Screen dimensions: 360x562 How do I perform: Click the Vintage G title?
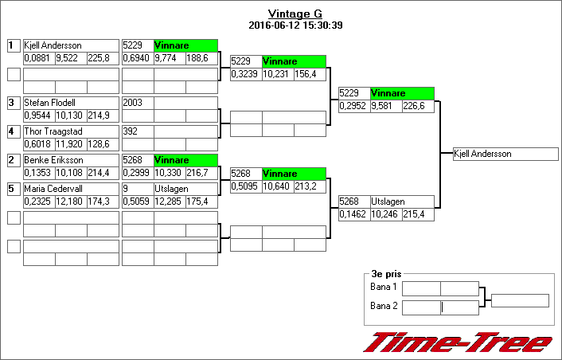click(295, 14)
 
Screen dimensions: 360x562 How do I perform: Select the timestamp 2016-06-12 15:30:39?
click(295, 25)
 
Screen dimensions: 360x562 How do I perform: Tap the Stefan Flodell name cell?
click(70, 103)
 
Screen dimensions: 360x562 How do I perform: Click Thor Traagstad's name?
click(70, 131)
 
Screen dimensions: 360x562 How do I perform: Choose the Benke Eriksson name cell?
click(70, 160)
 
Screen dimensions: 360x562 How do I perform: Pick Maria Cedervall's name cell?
click(70, 189)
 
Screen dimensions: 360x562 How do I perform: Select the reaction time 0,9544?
click(38, 115)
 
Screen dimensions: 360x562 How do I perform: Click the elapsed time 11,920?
click(70, 144)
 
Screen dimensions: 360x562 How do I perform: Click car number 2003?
click(137, 103)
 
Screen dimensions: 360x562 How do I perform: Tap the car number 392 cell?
click(137, 131)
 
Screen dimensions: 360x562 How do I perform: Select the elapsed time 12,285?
click(169, 202)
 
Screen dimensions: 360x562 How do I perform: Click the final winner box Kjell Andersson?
click(505, 154)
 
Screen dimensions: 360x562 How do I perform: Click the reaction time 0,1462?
click(353, 214)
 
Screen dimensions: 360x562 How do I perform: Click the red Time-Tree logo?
click(458, 343)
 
